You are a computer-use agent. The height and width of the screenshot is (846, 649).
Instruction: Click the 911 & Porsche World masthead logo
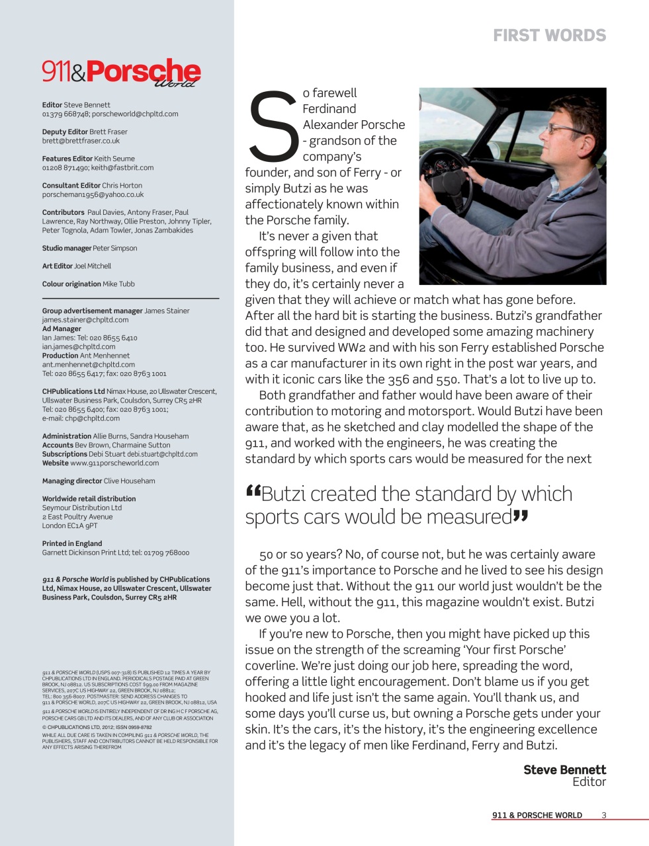click(121, 73)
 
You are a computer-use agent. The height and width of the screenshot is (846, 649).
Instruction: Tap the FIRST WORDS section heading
click(549, 36)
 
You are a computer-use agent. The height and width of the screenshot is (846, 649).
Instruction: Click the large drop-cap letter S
click(271, 126)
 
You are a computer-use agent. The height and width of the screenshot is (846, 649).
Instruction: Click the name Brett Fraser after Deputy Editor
click(108, 132)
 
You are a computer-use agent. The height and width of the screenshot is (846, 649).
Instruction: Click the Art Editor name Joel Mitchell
click(93, 266)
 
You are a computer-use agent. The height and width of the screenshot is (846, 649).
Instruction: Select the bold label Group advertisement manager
click(92, 311)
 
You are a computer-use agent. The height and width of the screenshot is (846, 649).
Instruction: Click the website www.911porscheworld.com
click(114, 463)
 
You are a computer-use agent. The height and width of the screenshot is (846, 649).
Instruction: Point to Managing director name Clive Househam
click(130, 481)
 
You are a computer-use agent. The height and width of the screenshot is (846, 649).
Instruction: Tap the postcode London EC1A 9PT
click(69, 526)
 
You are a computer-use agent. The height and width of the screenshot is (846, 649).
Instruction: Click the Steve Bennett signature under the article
click(564, 769)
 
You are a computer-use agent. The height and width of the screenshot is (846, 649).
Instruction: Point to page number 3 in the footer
click(603, 815)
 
